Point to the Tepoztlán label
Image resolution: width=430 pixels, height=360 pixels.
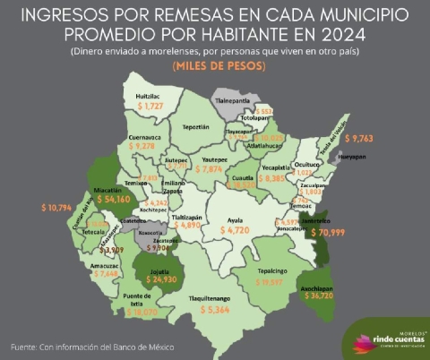[x=195, y=128]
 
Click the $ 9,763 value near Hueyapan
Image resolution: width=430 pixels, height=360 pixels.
[x=368, y=140]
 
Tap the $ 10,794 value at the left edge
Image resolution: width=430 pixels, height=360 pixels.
[x=59, y=207]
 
